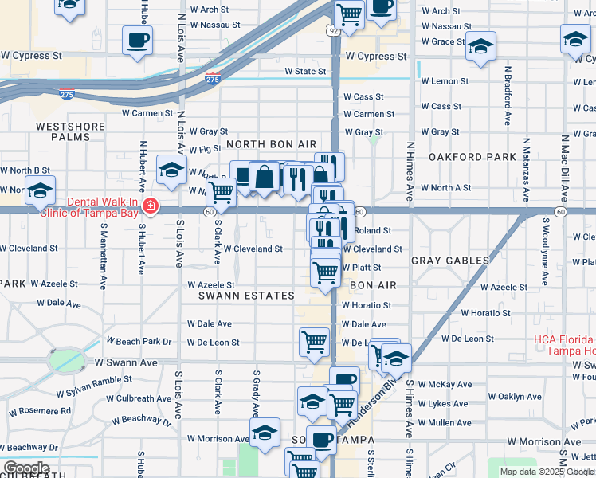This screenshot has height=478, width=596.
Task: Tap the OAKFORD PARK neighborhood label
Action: point(472,157)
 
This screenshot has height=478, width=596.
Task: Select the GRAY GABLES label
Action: point(450,261)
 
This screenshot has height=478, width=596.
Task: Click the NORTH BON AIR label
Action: point(271,143)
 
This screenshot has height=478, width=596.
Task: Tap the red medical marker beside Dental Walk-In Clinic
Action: point(150,209)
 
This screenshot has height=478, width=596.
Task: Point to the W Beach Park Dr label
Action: point(144,342)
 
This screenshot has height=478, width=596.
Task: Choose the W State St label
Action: point(306,71)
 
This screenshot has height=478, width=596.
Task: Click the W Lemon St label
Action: point(445,81)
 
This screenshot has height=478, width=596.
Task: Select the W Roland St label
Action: point(373,230)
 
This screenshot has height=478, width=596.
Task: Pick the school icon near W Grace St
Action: point(480,46)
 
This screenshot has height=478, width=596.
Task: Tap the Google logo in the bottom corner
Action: point(25,468)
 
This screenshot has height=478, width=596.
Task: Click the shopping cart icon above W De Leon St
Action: point(314,341)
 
